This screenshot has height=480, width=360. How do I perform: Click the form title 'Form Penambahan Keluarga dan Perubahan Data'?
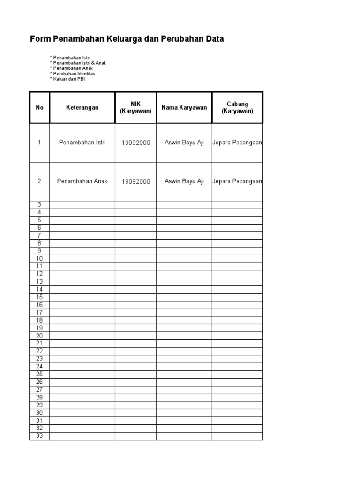[x=127, y=39]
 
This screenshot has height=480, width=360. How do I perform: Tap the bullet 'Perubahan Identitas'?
[x=74, y=74]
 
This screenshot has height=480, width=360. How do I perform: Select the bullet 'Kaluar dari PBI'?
[x=69, y=79]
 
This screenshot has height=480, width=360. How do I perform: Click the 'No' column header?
[x=39, y=107]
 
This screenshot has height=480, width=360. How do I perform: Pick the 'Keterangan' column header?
[x=82, y=107]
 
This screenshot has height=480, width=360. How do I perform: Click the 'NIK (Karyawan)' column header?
[x=135, y=107]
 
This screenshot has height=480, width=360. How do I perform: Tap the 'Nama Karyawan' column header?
[x=184, y=107]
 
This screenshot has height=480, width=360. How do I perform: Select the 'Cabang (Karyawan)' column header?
[x=237, y=107]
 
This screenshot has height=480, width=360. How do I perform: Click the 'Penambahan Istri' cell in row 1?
[x=82, y=142]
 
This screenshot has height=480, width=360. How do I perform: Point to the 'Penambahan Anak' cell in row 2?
[x=82, y=181]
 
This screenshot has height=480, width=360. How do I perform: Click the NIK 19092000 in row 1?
[x=135, y=142]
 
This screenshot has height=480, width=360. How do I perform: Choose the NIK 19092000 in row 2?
[x=135, y=181]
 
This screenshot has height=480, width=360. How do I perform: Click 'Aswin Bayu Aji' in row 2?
[x=184, y=181]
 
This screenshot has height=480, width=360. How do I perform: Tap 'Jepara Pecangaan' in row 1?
[x=237, y=142]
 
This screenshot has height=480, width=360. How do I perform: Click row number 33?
[x=39, y=436]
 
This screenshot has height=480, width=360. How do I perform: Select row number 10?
[x=39, y=259]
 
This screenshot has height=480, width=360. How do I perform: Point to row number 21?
[x=39, y=343]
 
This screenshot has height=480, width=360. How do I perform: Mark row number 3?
[x=39, y=204]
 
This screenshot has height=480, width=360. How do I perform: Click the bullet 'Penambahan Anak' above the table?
[x=73, y=68]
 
